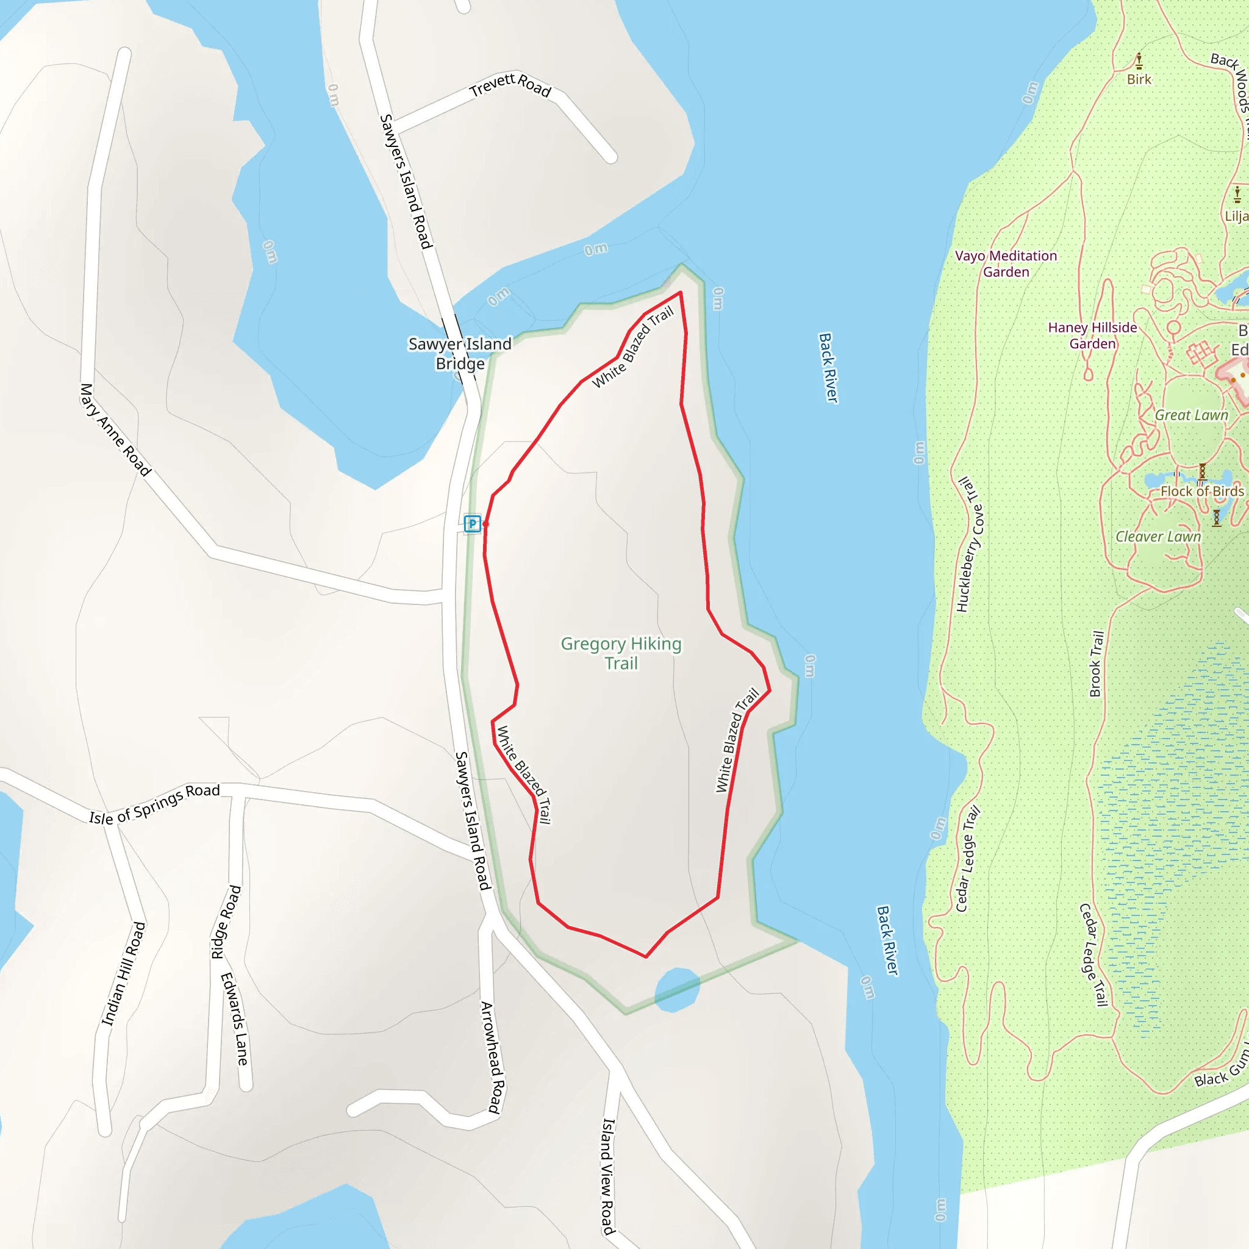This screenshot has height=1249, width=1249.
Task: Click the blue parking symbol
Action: coord(473,524)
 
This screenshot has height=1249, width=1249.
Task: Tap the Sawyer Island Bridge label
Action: coord(460,354)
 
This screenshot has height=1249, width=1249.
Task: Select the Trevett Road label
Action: coord(510,85)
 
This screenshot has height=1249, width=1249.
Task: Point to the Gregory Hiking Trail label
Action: coord(621,653)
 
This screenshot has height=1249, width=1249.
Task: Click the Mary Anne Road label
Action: coord(115,430)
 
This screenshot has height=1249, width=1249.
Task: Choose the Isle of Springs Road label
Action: coord(154,804)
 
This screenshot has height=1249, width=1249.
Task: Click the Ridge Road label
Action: coord(226,923)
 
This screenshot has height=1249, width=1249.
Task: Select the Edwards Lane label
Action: coord(234,1020)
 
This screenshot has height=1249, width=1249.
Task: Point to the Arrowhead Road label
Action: coord(492,1058)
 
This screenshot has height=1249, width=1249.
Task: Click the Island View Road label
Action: coord(607,1176)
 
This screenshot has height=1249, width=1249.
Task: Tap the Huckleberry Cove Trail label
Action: coord(970,545)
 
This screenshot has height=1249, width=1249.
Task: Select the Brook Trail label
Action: coord(1097,664)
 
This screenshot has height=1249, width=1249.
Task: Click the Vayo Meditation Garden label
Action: coord(1006,263)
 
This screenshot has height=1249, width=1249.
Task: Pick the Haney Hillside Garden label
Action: coord(1092,335)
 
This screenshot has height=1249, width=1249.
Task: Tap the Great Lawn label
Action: coord(1192,415)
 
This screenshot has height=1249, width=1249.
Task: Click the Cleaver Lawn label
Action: coord(1158,537)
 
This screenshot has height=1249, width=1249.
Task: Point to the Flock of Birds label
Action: coord(1202,492)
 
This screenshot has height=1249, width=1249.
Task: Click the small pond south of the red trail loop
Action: coord(677,989)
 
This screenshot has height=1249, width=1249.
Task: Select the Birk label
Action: coord(1139,79)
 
